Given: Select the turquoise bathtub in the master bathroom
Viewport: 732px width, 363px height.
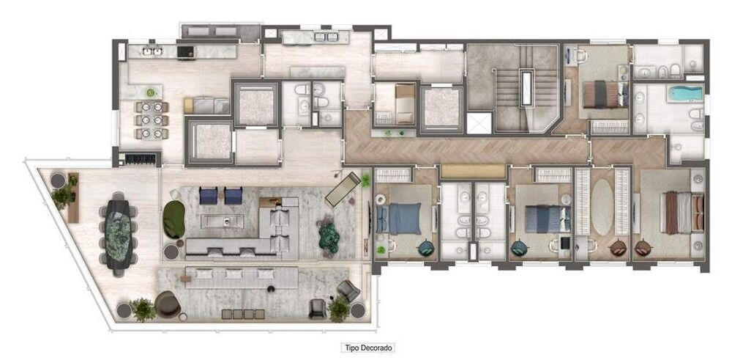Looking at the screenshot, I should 687,94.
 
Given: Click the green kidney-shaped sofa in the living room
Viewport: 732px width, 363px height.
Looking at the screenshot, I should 174,219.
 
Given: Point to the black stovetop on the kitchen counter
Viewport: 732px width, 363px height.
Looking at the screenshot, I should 186,52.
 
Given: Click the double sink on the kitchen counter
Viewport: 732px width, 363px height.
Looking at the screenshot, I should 153,51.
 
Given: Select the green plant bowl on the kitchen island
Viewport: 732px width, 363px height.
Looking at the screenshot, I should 151,92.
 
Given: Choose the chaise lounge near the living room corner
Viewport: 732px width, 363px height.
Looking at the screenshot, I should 343,189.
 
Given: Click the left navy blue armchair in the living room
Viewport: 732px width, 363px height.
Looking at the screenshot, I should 209,195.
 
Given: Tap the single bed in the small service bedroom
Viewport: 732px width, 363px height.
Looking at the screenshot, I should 402,102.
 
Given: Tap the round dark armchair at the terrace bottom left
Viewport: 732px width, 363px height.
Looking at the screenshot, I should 167,304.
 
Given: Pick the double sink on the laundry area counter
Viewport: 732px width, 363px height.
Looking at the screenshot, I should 322,37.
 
